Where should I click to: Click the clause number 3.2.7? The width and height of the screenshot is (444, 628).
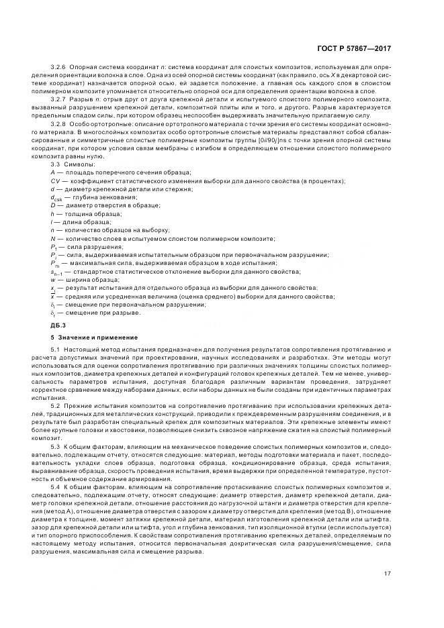pyautogui.click(x=59, y=100)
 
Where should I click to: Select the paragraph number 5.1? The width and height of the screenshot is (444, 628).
pyautogui.click(x=56, y=351)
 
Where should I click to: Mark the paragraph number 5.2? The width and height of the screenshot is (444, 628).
pyautogui.click(x=56, y=407)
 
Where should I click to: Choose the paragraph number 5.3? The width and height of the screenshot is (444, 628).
pyautogui.click(x=56, y=446)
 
